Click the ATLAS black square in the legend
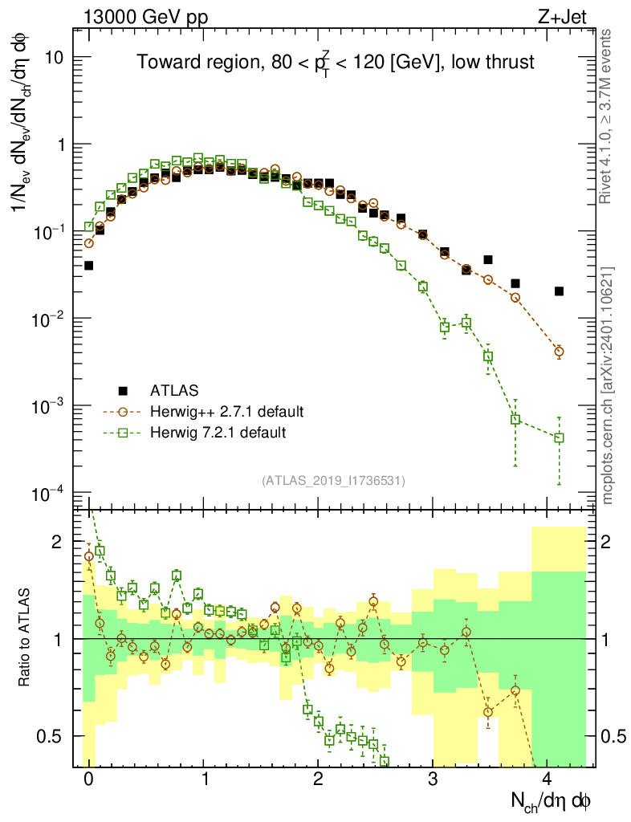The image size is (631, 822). (123, 391)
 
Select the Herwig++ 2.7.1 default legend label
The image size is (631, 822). (226, 412)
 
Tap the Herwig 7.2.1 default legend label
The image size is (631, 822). (218, 433)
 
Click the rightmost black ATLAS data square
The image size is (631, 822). (559, 291)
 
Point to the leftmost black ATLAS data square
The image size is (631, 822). (88, 265)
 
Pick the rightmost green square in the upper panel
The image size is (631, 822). (559, 437)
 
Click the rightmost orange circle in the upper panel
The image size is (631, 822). (559, 351)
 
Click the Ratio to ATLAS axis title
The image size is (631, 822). (26, 638)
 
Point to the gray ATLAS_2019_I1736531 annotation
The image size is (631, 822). (333, 480)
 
